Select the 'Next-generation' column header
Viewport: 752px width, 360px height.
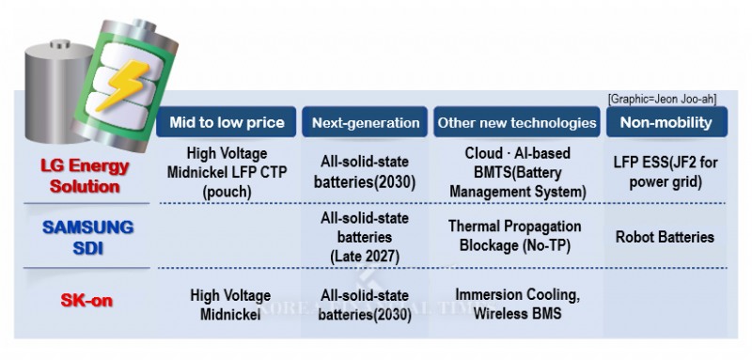pos(366,122)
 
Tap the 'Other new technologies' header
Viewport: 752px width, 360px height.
pos(516,122)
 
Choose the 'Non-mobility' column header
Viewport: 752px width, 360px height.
pos(666,122)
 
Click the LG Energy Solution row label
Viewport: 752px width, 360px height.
pos(85,176)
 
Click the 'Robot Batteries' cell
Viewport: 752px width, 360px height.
pos(666,237)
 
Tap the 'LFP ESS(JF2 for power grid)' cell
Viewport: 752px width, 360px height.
pos(666,171)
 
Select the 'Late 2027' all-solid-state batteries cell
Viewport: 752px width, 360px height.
pos(365,236)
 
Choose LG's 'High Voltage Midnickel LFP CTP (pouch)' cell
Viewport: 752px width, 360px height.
pos(227,171)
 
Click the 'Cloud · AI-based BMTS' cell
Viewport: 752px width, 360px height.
pos(517,171)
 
